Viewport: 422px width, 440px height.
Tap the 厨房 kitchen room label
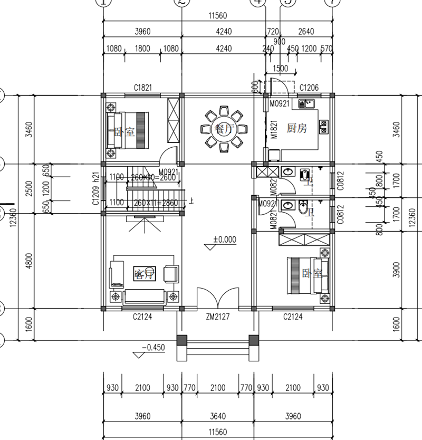pos(296,129)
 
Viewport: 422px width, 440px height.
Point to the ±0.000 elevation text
pos(224,240)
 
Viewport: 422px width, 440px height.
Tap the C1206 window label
pos(309,88)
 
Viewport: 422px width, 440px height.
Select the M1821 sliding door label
pos(274,128)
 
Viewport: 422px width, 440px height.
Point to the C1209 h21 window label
pos(96,188)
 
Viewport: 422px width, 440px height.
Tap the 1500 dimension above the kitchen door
pos(281,69)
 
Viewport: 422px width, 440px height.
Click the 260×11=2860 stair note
pos(156,202)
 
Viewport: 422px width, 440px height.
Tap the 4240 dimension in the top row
pos(223,32)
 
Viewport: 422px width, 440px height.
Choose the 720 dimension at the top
pos(273,32)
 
